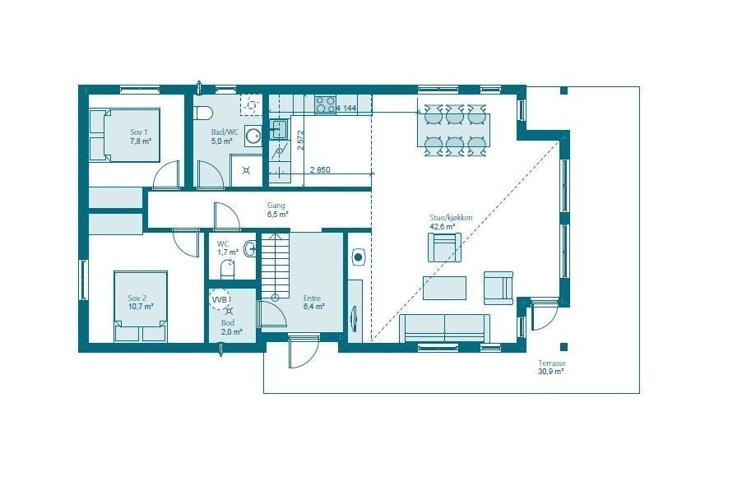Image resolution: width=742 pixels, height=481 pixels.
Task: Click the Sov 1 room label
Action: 140,136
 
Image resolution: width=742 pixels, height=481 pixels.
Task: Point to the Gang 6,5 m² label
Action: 276,210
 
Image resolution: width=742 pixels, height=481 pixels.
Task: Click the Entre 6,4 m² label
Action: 313,303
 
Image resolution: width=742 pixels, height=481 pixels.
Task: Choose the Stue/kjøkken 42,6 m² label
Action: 451,222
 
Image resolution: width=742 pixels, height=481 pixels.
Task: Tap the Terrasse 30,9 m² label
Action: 551,367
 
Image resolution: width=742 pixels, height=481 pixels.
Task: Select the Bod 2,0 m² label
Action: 231,327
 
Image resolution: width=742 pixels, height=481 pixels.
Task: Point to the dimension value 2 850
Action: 320,170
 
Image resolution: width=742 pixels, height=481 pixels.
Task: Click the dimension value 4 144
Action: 345,108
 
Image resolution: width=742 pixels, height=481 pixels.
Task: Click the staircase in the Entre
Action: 275,266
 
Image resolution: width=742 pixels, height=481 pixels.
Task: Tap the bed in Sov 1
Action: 124,135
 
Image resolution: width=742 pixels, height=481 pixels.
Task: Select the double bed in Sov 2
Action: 141,306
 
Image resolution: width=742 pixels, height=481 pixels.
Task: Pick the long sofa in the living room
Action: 445,327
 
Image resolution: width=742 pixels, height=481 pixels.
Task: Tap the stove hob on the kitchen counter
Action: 325,104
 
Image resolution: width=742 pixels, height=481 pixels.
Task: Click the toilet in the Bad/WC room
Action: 205,112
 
